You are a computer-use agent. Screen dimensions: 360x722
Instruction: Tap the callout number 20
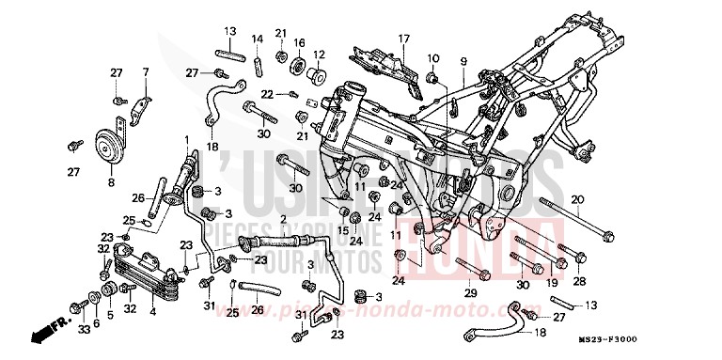click(x=578, y=199)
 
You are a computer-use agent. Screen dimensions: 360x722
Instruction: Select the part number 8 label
click(x=111, y=182)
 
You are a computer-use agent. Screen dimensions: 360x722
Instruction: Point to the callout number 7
click(x=146, y=72)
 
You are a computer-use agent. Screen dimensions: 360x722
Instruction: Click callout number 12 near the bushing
click(x=319, y=55)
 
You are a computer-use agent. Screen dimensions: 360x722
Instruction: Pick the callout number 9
click(x=463, y=62)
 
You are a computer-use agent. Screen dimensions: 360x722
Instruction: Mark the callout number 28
click(x=579, y=281)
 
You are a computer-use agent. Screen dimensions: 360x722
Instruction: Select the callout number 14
click(x=256, y=39)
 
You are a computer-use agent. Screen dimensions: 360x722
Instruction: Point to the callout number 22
click(x=266, y=94)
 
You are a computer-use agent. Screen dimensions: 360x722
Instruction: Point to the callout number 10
click(x=433, y=59)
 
